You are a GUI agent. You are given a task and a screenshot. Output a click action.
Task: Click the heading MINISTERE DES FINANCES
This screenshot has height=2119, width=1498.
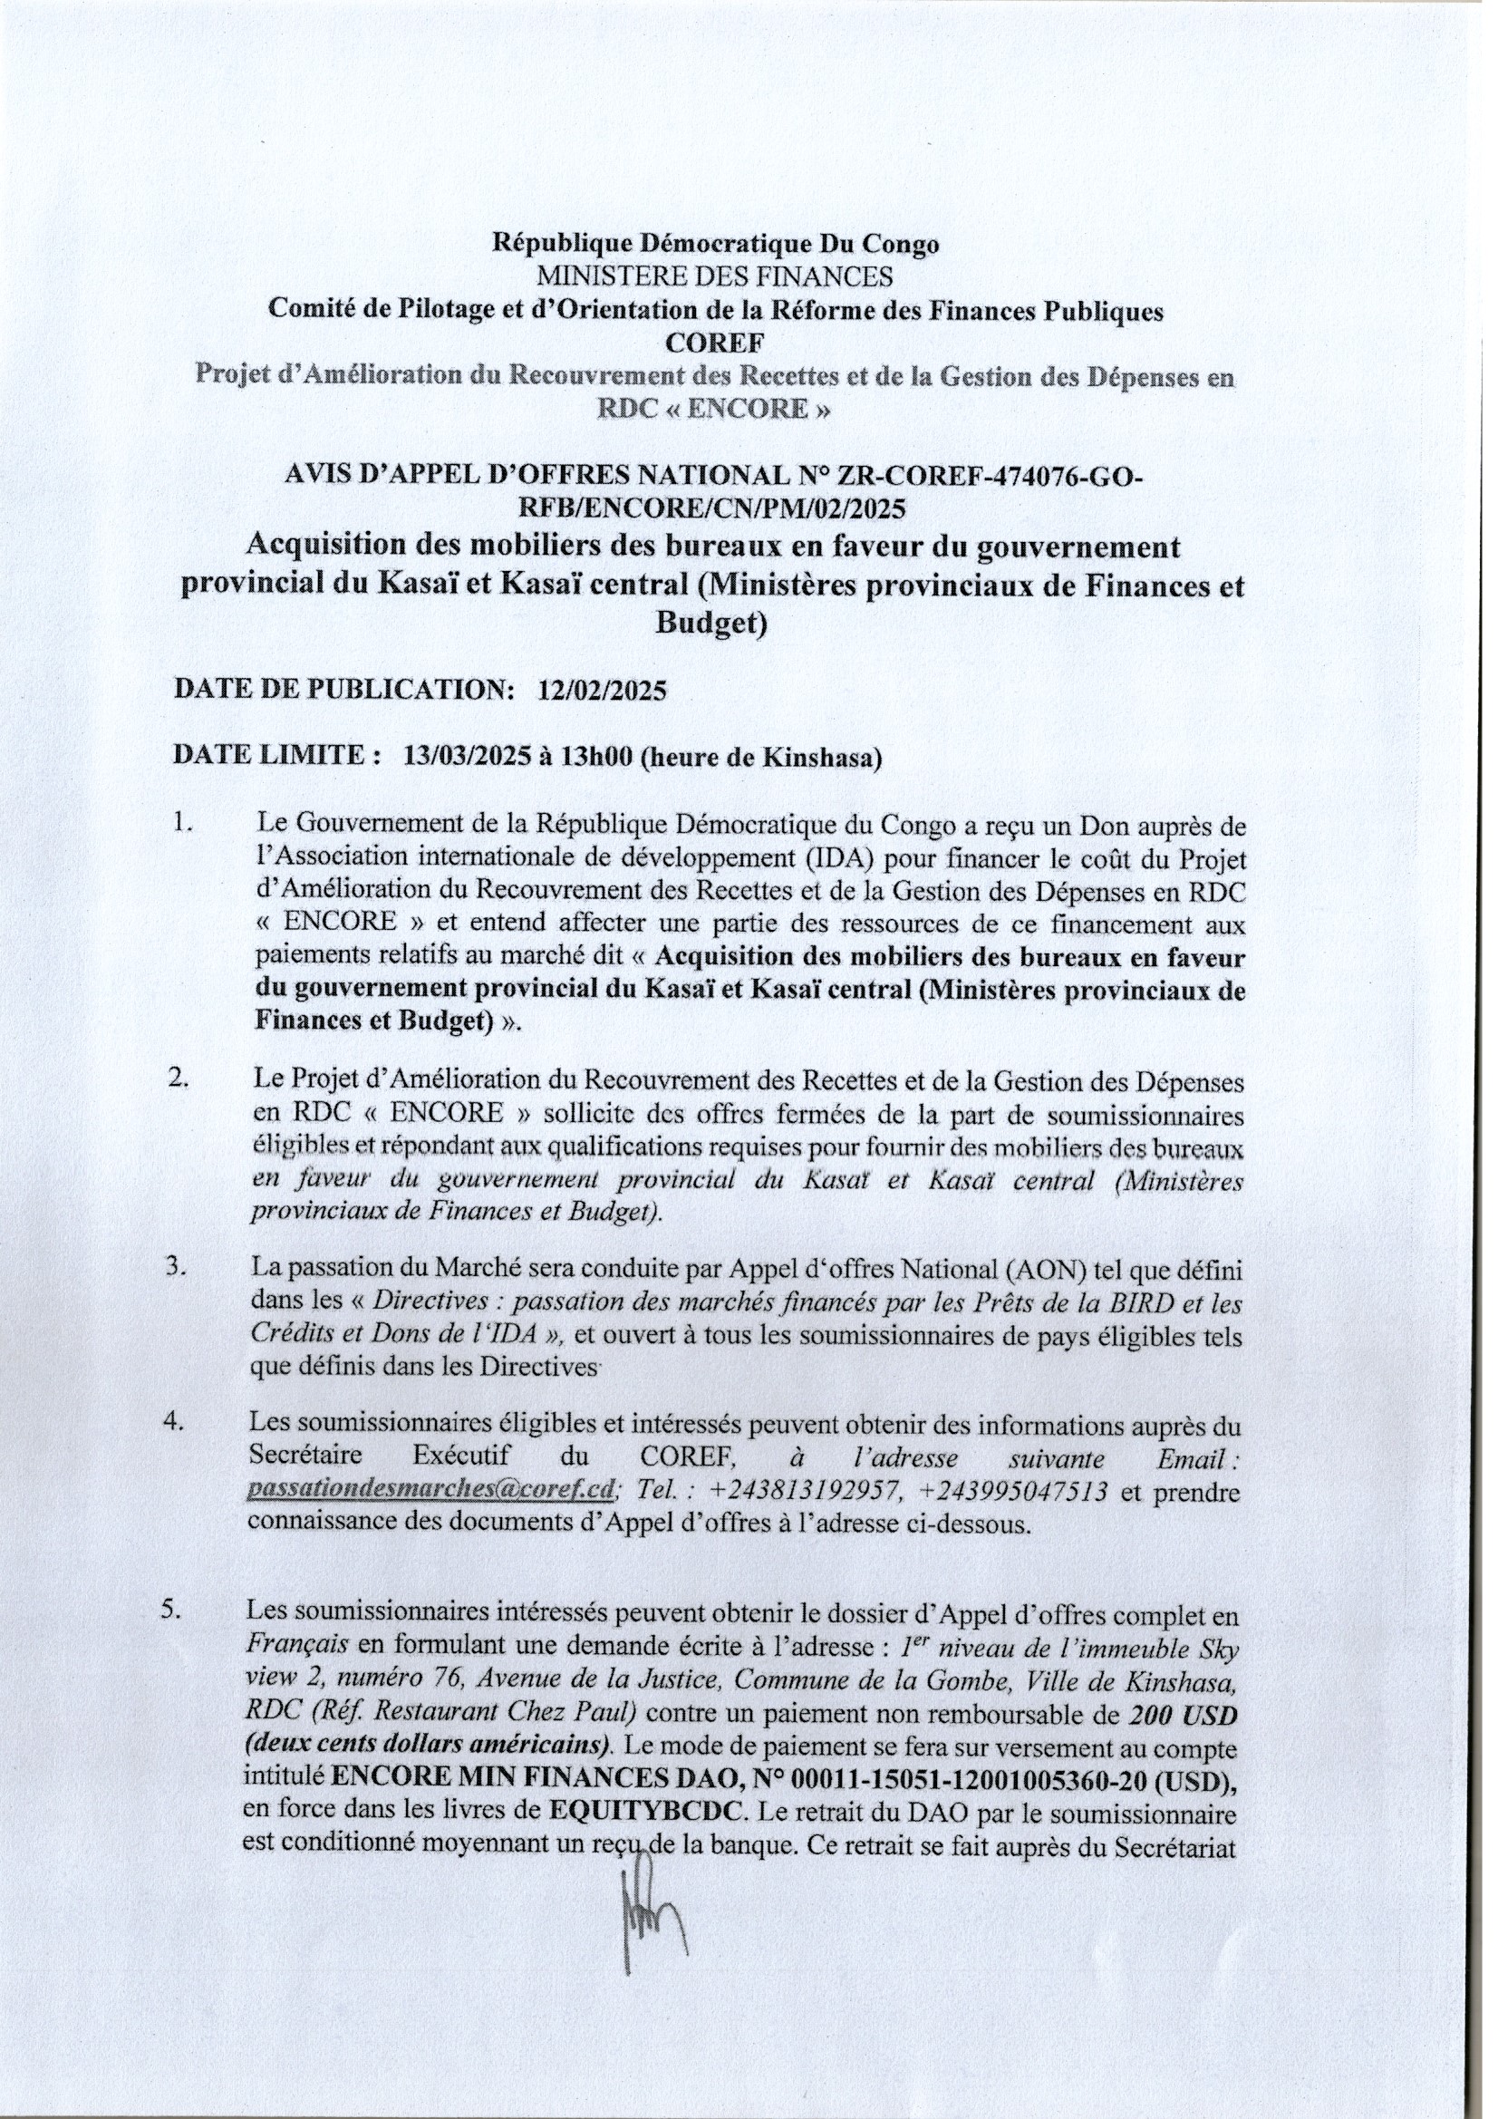715,276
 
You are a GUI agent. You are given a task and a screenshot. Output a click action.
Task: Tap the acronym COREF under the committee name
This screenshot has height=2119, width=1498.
715,343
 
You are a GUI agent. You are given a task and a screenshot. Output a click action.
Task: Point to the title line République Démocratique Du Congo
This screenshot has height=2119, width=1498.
715,244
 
